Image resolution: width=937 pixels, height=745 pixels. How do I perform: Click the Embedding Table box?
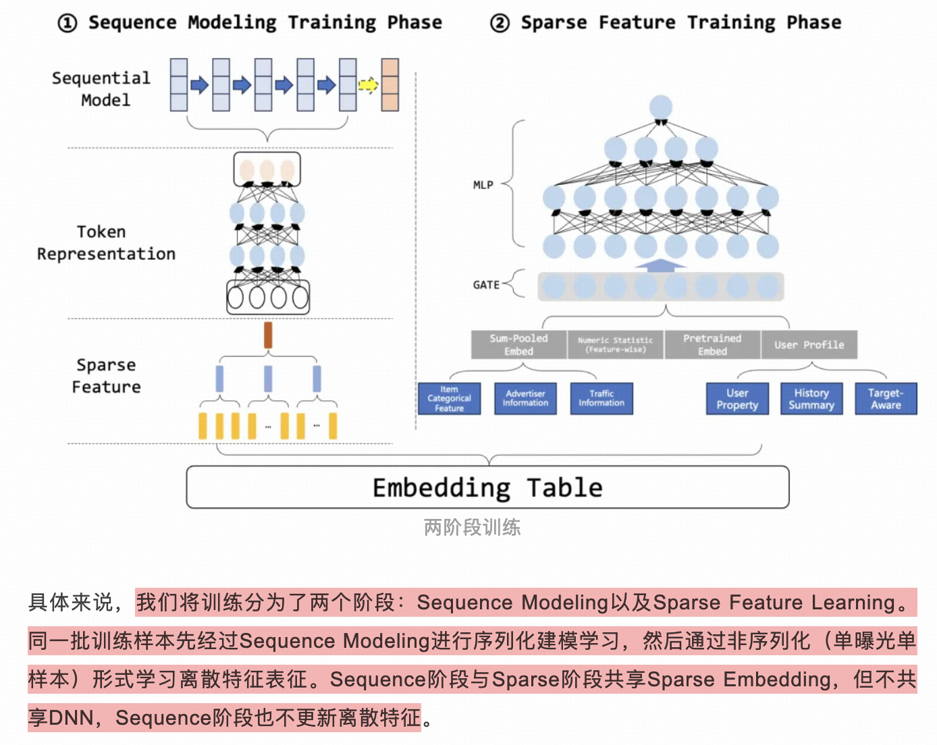pyautogui.click(x=487, y=487)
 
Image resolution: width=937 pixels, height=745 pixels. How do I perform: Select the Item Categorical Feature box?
pyautogui.click(x=449, y=399)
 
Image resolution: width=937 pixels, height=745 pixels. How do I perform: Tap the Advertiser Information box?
pyautogui.click(x=525, y=399)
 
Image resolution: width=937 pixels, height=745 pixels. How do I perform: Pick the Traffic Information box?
pyautogui.click(x=601, y=399)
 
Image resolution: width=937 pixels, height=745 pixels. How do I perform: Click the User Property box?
pyautogui.click(x=737, y=399)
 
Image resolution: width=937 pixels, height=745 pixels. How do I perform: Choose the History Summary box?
pyautogui.click(x=811, y=399)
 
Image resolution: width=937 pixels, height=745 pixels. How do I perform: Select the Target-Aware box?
pyautogui.click(x=886, y=399)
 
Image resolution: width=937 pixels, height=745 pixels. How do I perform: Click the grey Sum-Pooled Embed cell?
pyautogui.click(x=518, y=345)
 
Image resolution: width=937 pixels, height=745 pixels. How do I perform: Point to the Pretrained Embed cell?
pyautogui.click(x=712, y=345)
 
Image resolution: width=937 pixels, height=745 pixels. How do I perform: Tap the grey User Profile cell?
pyautogui.click(x=809, y=345)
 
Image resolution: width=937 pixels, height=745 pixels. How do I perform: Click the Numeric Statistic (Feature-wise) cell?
pyautogui.click(x=615, y=345)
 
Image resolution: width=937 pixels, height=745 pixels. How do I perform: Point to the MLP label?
pyautogui.click(x=483, y=185)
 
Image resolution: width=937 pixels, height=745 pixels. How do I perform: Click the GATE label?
pyautogui.click(x=486, y=285)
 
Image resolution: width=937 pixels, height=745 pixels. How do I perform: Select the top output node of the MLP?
pyautogui.click(x=661, y=107)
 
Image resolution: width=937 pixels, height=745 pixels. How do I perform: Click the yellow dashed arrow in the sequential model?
pyautogui.click(x=368, y=85)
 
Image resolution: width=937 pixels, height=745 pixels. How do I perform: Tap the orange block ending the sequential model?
pyautogui.click(x=390, y=85)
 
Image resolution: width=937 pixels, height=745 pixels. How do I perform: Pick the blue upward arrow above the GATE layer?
pyautogui.click(x=660, y=265)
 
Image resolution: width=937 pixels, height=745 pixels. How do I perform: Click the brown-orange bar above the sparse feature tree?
pyautogui.click(x=268, y=335)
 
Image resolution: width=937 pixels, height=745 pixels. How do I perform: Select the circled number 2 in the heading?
pyautogui.click(x=500, y=24)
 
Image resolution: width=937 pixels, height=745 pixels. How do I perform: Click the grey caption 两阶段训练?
pyautogui.click(x=472, y=527)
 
